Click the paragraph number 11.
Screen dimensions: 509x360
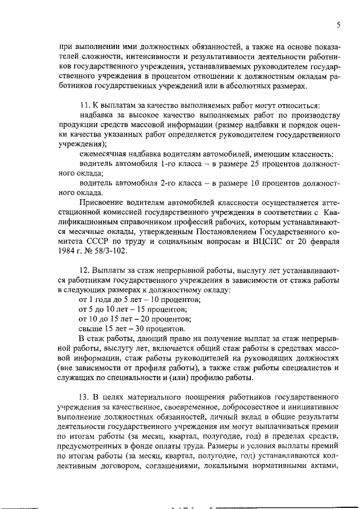coord(84,106)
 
